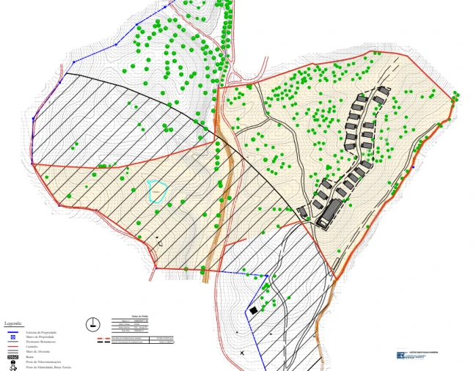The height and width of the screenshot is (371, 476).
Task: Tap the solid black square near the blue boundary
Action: point(253,311)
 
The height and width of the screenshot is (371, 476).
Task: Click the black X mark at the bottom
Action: point(242,353)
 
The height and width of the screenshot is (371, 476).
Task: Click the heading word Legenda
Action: point(14,323)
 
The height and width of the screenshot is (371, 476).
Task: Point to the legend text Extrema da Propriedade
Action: point(41,332)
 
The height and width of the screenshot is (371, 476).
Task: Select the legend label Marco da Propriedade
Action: point(40,337)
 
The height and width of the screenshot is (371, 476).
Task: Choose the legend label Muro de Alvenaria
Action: point(38,350)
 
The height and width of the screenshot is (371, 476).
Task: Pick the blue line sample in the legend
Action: point(12,332)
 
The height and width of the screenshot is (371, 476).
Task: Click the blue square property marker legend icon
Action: point(12,337)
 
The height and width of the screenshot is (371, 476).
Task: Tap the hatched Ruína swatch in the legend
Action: point(12,356)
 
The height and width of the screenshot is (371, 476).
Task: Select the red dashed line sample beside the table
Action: point(100,338)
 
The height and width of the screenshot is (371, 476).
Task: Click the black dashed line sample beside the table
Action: point(100,342)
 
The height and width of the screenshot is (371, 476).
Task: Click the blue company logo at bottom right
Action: point(400,356)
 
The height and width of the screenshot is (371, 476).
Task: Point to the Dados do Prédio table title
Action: point(139,317)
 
